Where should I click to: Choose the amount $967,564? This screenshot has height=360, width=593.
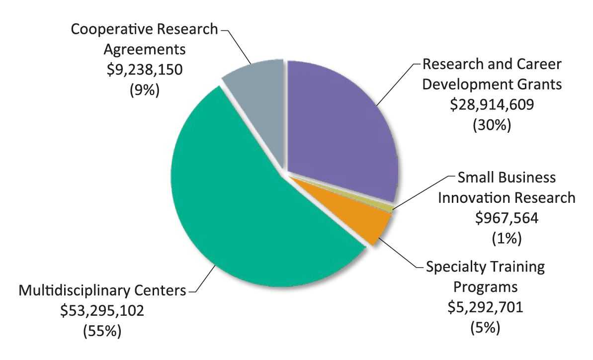click(x=507, y=218)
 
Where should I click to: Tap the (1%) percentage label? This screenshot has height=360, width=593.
click(x=507, y=239)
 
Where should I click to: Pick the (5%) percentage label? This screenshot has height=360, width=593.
click(x=484, y=329)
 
